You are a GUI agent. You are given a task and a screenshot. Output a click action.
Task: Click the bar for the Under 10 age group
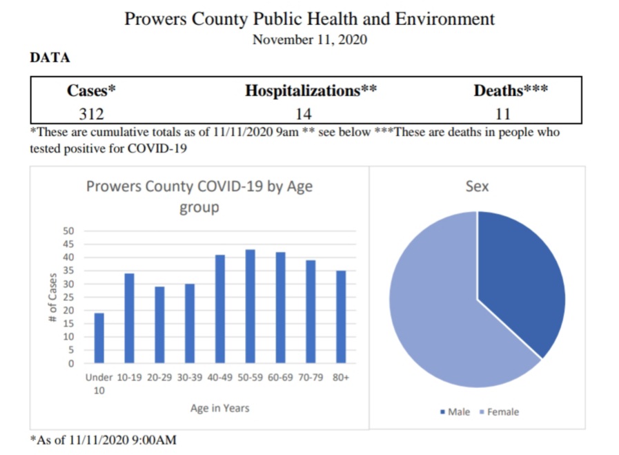click(99, 338)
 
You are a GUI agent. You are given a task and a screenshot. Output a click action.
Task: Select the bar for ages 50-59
click(250, 306)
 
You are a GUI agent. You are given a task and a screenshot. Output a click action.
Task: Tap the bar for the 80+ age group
click(340, 316)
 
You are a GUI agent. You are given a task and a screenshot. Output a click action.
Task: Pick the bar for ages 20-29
click(159, 325)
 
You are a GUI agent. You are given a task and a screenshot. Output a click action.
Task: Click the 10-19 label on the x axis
click(129, 378)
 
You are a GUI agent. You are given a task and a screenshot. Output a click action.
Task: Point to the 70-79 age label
click(310, 378)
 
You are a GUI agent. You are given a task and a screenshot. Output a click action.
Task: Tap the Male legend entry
click(455, 412)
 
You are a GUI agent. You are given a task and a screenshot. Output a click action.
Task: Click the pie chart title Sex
click(477, 186)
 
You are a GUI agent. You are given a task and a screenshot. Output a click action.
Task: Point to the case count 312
click(91, 113)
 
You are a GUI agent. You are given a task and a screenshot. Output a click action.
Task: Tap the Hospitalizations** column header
click(311, 90)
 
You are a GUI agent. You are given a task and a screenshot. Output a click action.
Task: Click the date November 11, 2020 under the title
click(309, 39)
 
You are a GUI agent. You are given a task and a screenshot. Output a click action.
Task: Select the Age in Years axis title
click(219, 408)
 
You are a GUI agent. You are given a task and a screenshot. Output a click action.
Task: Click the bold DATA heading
click(50, 58)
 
